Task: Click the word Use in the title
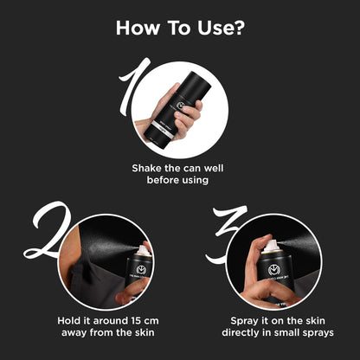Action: coord(212,28)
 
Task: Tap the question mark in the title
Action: coord(236,28)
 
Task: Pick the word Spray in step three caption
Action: coord(244,321)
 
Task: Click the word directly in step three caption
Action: coord(241,332)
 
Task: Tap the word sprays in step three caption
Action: coord(318,333)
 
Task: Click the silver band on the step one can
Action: coord(163,128)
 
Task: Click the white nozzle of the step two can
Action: coord(144,250)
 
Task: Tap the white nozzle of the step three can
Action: coord(271,246)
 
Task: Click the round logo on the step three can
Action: coord(274,270)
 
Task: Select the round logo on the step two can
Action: coord(142,270)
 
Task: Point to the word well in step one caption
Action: coord(214,168)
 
